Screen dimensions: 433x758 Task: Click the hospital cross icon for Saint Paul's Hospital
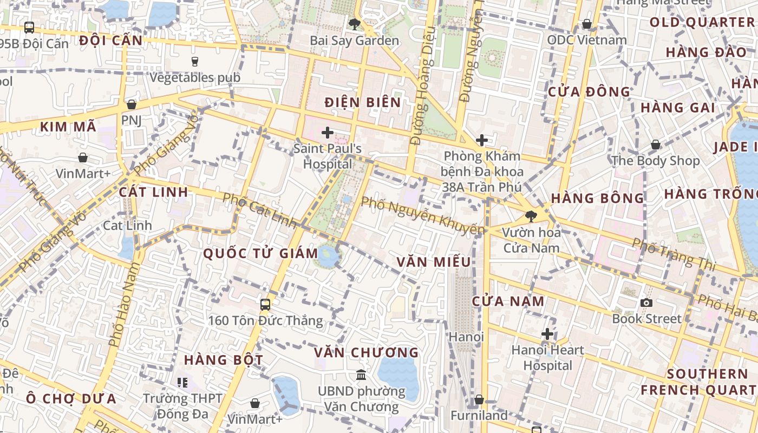[x=328, y=133]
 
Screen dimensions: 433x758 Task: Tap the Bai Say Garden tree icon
[x=355, y=24]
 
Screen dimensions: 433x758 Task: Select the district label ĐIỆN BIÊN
[x=363, y=102]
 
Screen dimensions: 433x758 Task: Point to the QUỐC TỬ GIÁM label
[x=260, y=253]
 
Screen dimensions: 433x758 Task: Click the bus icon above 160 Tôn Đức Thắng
[x=265, y=304]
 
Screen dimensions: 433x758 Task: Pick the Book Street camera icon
[x=646, y=303]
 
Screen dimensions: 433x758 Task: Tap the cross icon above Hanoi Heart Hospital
[x=547, y=334]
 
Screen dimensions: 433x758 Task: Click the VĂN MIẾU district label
[x=434, y=262]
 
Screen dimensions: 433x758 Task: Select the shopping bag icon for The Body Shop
[x=655, y=145]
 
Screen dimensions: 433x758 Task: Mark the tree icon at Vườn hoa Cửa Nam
[x=531, y=216]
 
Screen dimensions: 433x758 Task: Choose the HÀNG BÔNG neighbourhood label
[x=598, y=199]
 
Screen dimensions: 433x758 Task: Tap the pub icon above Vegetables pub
[x=195, y=61]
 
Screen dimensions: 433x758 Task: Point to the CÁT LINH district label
[x=154, y=192]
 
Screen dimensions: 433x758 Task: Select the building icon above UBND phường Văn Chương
[x=361, y=375]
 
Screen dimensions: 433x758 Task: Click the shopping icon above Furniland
[x=479, y=400]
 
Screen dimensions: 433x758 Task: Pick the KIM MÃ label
[x=68, y=127]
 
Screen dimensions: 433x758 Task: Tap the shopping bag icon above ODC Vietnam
[x=586, y=24]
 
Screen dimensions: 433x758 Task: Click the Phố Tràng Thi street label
[x=674, y=254]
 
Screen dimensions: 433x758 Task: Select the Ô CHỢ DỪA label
[x=71, y=399]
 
